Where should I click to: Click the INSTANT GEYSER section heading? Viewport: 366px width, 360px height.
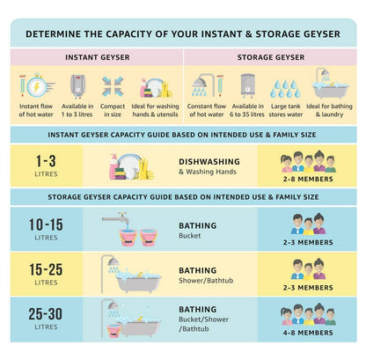click(98, 57)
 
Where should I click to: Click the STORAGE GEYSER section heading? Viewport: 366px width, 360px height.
click(271, 57)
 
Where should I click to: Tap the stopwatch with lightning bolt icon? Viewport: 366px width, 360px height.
click(38, 85)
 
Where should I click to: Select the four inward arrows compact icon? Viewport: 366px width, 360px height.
click(113, 86)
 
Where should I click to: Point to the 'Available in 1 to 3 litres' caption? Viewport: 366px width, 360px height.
click(77, 110)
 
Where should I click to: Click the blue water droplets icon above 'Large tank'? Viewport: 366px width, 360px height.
click(285, 88)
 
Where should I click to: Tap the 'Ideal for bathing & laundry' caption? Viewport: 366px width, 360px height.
click(329, 110)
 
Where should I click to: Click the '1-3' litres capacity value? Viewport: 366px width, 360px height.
click(46, 161)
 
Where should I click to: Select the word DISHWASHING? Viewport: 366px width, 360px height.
click(209, 162)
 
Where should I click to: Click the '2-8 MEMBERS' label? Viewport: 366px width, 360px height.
click(308, 179)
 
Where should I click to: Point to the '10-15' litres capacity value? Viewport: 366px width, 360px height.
click(46, 224)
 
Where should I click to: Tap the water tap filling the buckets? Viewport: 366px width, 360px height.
click(115, 218)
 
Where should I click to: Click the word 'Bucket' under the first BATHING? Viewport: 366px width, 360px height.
click(190, 236)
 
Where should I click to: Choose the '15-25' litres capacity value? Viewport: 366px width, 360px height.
click(46, 269)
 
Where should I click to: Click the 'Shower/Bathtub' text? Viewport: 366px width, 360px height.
click(206, 281)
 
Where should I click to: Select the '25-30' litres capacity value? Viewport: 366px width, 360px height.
click(46, 314)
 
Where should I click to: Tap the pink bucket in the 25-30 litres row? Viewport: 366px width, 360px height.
click(114, 331)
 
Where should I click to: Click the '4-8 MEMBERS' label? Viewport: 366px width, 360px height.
click(308, 333)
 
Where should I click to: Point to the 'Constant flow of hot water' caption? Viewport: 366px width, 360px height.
click(207, 110)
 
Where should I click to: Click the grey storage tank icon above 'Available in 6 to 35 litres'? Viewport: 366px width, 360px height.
click(247, 85)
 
